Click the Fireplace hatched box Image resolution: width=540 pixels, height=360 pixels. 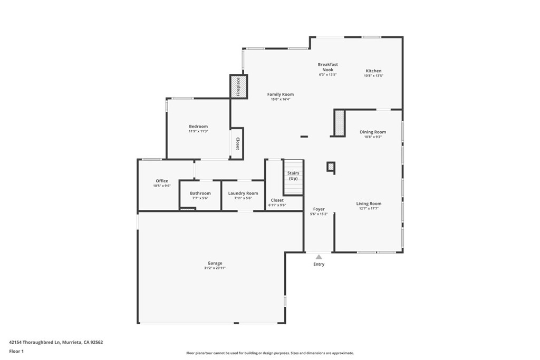pyautogui.click(x=238, y=86)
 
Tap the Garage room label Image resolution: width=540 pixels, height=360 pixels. pyautogui.click(x=215, y=263)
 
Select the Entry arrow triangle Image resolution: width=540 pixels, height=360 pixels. pyautogui.click(x=319, y=257)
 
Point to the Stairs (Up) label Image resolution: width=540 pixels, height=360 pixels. pyautogui.click(x=293, y=176)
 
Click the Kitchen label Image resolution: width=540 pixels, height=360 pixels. pyautogui.click(x=373, y=71)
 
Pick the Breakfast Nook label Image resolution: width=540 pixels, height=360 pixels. pyautogui.click(x=327, y=67)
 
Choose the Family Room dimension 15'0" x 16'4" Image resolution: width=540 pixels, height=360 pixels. pyautogui.click(x=281, y=99)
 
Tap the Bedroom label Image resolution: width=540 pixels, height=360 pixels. pyautogui.click(x=198, y=127)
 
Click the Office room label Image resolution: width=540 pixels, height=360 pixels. pyautogui.click(x=162, y=181)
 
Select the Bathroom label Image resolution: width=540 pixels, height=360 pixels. pyautogui.click(x=200, y=193)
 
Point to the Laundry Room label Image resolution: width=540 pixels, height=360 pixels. pyautogui.click(x=243, y=193)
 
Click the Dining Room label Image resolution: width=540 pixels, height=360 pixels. pyautogui.click(x=373, y=132)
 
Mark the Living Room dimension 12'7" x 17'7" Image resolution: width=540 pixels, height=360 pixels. pyautogui.click(x=369, y=208)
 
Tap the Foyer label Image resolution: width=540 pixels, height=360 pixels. pyautogui.click(x=319, y=209)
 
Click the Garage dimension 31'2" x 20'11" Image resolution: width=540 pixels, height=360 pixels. pyautogui.click(x=215, y=268)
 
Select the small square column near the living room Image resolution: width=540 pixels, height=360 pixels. pyautogui.click(x=331, y=167)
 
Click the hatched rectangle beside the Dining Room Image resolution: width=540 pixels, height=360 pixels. pyautogui.click(x=339, y=123)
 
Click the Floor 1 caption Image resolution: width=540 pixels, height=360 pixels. pyautogui.click(x=16, y=351)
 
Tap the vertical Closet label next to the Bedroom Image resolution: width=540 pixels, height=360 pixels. pyautogui.click(x=237, y=143)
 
